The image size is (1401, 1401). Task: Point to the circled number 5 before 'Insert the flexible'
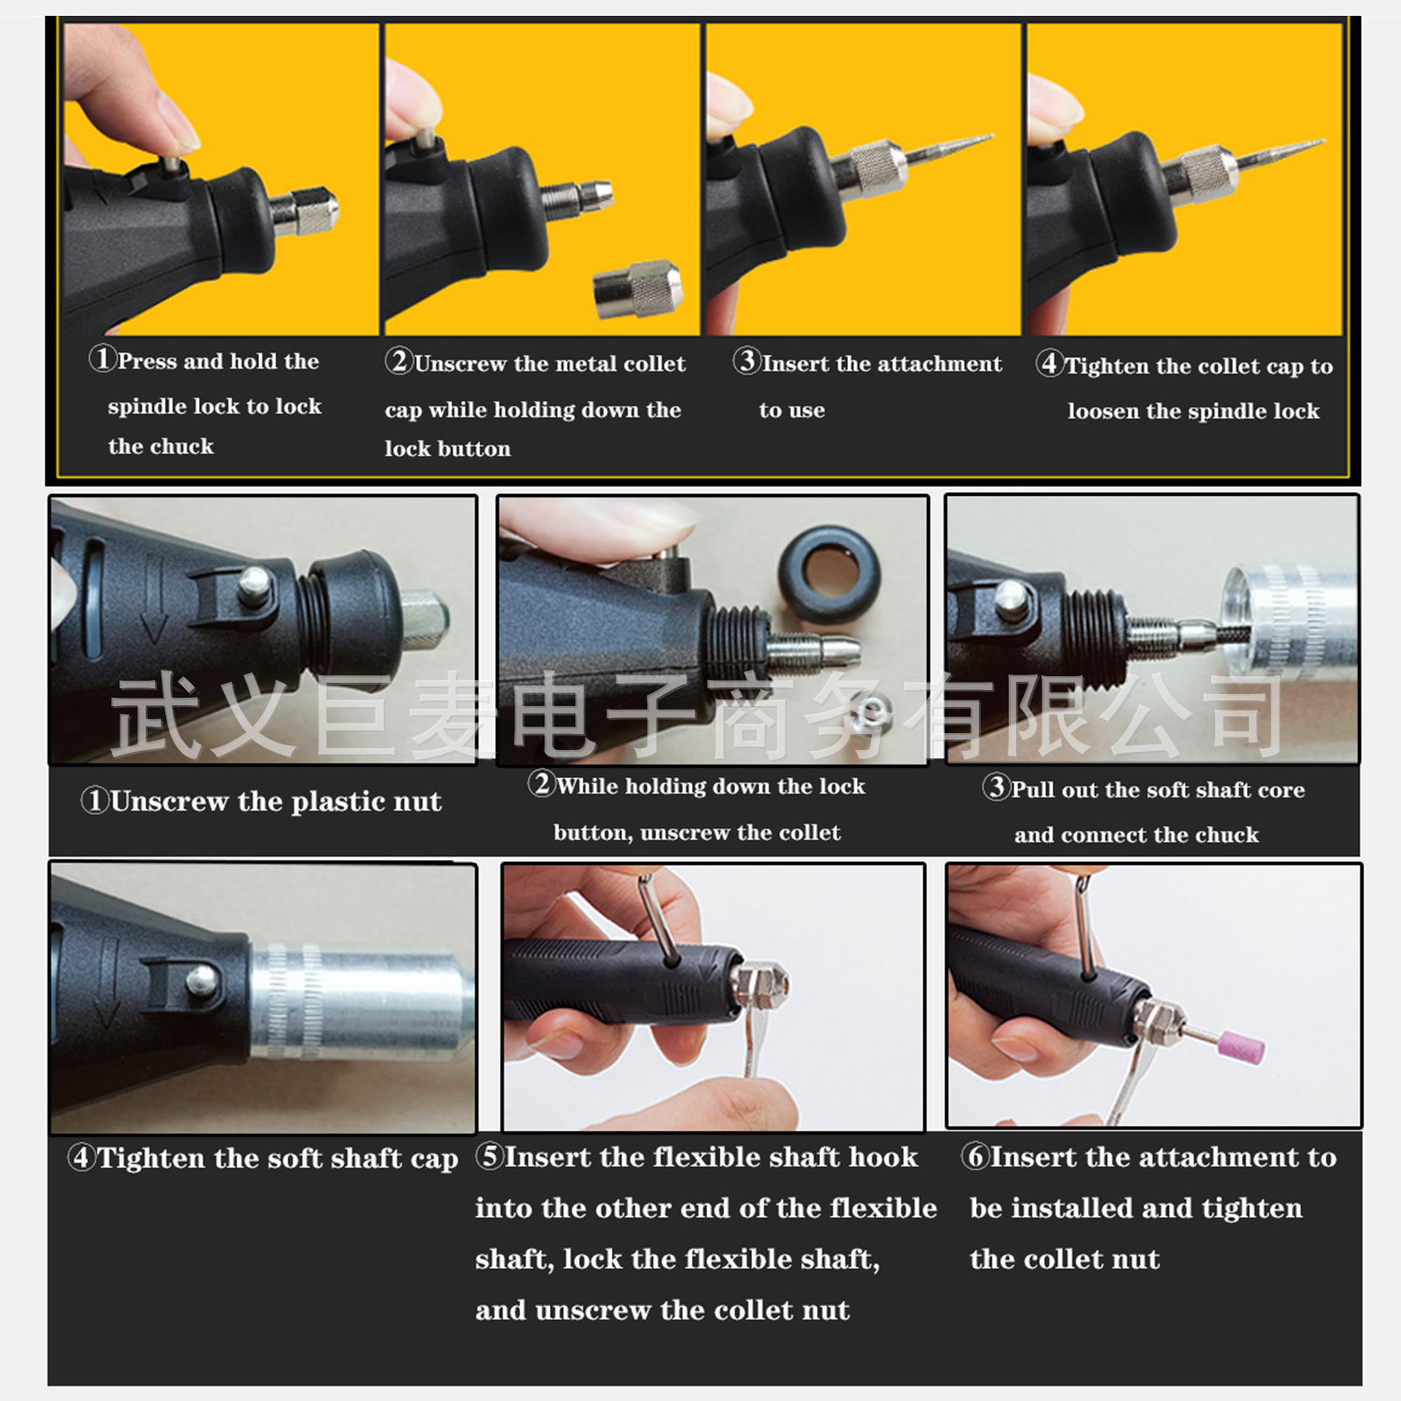point(489,1155)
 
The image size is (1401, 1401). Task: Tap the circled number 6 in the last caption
point(976,1156)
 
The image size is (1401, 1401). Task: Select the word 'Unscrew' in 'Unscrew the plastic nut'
point(169,800)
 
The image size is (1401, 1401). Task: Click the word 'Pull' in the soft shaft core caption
point(1032,789)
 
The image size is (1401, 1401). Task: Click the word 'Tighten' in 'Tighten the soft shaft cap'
point(152,1158)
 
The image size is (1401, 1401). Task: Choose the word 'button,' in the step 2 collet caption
point(593,832)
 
